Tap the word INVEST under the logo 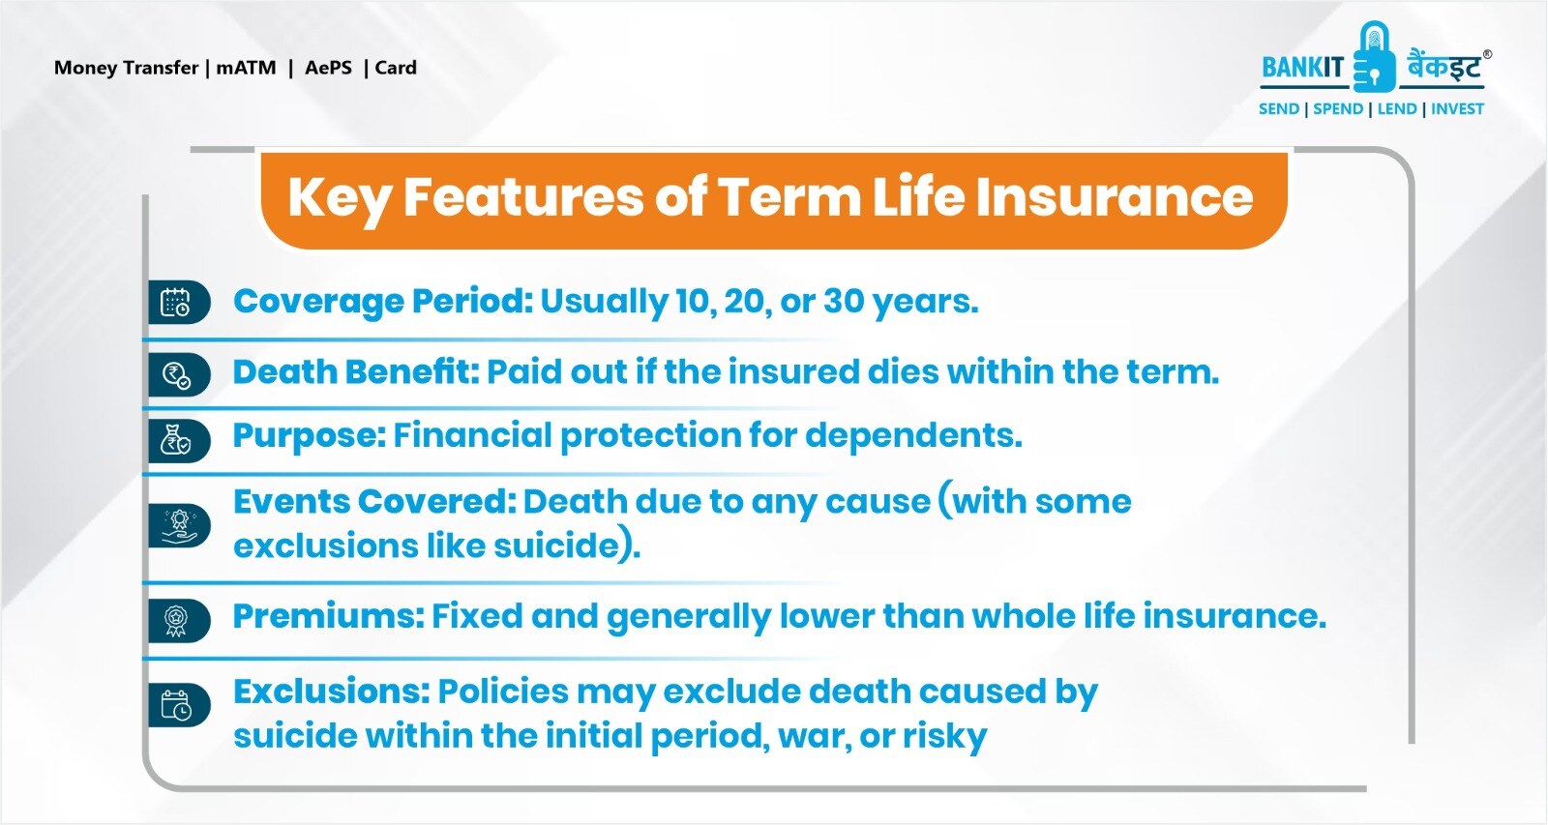click(x=1457, y=109)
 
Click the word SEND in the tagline click(x=1278, y=109)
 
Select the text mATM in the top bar click(x=246, y=68)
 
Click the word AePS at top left click(x=328, y=68)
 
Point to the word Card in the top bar click(x=396, y=68)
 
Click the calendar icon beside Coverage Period click(x=175, y=303)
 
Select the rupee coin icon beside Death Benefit click(x=176, y=375)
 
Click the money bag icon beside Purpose click(x=175, y=441)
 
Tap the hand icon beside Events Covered click(x=178, y=526)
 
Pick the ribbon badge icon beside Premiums click(x=175, y=620)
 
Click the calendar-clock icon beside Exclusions click(x=176, y=705)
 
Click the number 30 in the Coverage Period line click(x=843, y=302)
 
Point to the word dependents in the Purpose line click(x=912, y=436)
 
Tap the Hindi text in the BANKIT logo click(x=1443, y=68)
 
